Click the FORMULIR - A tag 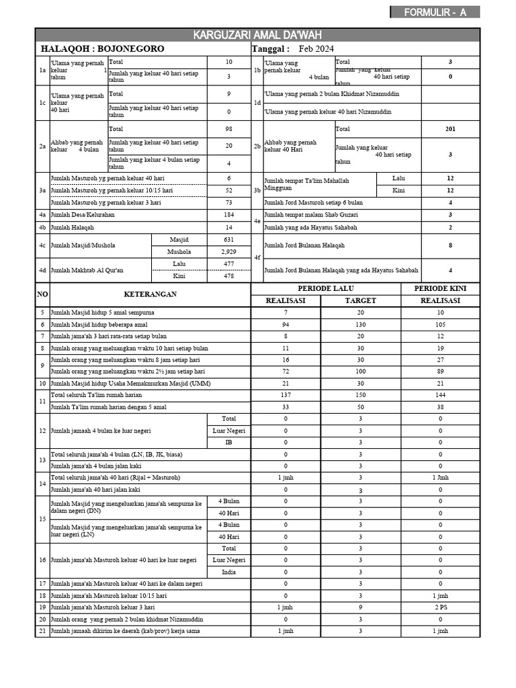tap(435, 12)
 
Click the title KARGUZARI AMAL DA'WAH tap(257, 35)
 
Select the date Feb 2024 tap(316, 49)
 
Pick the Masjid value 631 tap(228, 240)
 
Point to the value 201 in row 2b tap(449, 129)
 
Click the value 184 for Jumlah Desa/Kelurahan tap(228, 215)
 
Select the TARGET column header tap(360, 300)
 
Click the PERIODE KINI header tap(440, 288)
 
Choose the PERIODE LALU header tap(325, 288)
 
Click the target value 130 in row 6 tap(360, 325)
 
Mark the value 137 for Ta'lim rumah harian tap(286, 395)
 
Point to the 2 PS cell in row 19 tap(440, 607)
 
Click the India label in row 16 tap(228, 572)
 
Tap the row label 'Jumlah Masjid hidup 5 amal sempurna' tap(103, 313)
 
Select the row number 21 tap(42, 631)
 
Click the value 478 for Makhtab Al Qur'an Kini tap(228, 276)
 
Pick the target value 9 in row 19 tap(360, 607)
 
